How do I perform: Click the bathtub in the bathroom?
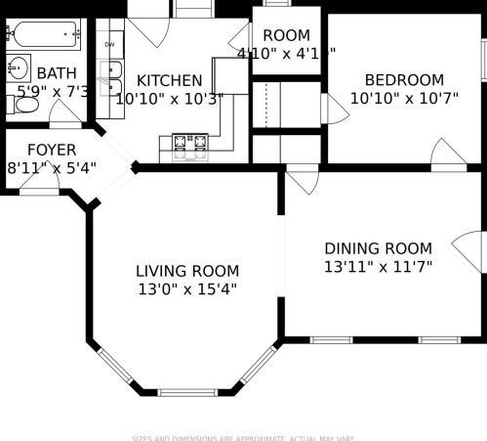click(x=44, y=37)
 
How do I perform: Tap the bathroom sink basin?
click(x=18, y=68)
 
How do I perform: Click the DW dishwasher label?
click(x=109, y=45)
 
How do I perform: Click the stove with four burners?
click(x=192, y=146)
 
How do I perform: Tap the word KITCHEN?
click(x=170, y=81)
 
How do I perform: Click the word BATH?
click(x=56, y=73)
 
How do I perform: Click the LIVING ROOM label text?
click(x=186, y=271)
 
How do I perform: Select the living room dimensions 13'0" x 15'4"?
click(x=186, y=288)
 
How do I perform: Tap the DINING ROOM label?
click(x=378, y=248)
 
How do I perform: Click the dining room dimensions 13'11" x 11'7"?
click(x=378, y=266)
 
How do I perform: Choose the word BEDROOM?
click(x=404, y=80)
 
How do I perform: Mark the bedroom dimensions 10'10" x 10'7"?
click(x=404, y=98)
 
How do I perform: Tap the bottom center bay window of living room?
click(x=187, y=392)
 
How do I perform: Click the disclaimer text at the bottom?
click(x=243, y=437)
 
